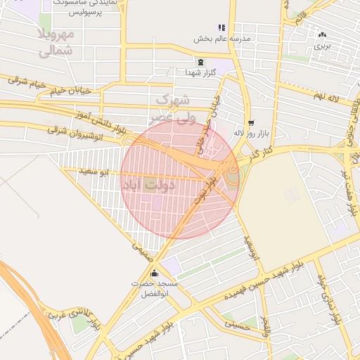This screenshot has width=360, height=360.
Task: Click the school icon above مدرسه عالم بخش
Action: click(x=221, y=27)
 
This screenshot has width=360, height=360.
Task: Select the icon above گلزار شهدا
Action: click(x=201, y=62)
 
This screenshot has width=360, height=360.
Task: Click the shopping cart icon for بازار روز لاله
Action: click(x=250, y=122)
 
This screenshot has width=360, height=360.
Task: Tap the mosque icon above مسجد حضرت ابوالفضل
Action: click(x=155, y=273)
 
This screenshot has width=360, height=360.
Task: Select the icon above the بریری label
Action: click(x=322, y=34)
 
